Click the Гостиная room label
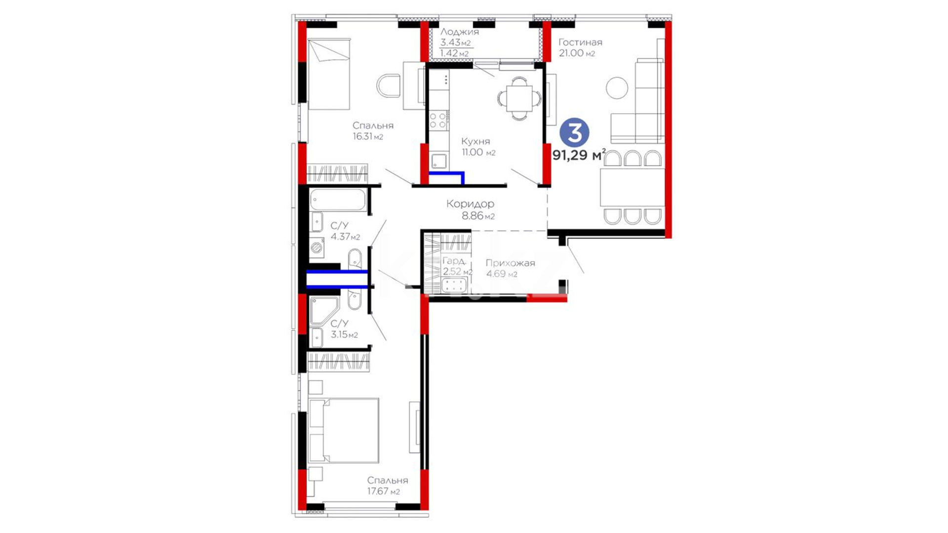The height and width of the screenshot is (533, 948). point(580,42)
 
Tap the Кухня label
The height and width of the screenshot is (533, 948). point(475,142)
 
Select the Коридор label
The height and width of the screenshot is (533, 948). point(470,204)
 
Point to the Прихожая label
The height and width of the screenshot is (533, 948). point(510,263)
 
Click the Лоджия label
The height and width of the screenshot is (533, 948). point(460,32)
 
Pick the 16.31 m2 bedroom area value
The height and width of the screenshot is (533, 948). point(368,137)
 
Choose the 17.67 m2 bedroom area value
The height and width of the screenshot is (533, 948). point(383,492)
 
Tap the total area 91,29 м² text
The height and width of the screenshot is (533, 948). point(579,155)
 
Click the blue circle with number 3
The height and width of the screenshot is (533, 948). point(574,132)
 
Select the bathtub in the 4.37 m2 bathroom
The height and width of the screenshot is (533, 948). point(338,200)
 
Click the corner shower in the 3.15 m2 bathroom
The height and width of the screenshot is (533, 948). point(323,310)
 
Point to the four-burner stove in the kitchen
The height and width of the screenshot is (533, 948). point(438,121)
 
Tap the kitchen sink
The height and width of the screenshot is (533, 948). point(439,161)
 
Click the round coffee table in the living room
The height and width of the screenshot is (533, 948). point(617,88)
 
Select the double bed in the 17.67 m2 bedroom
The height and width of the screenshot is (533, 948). point(344,431)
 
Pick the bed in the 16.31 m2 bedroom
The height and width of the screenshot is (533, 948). point(329,75)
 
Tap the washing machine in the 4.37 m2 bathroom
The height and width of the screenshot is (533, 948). point(317,247)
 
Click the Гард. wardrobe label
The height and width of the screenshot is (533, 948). point(454,261)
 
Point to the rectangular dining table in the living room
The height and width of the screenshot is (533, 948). point(632,188)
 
